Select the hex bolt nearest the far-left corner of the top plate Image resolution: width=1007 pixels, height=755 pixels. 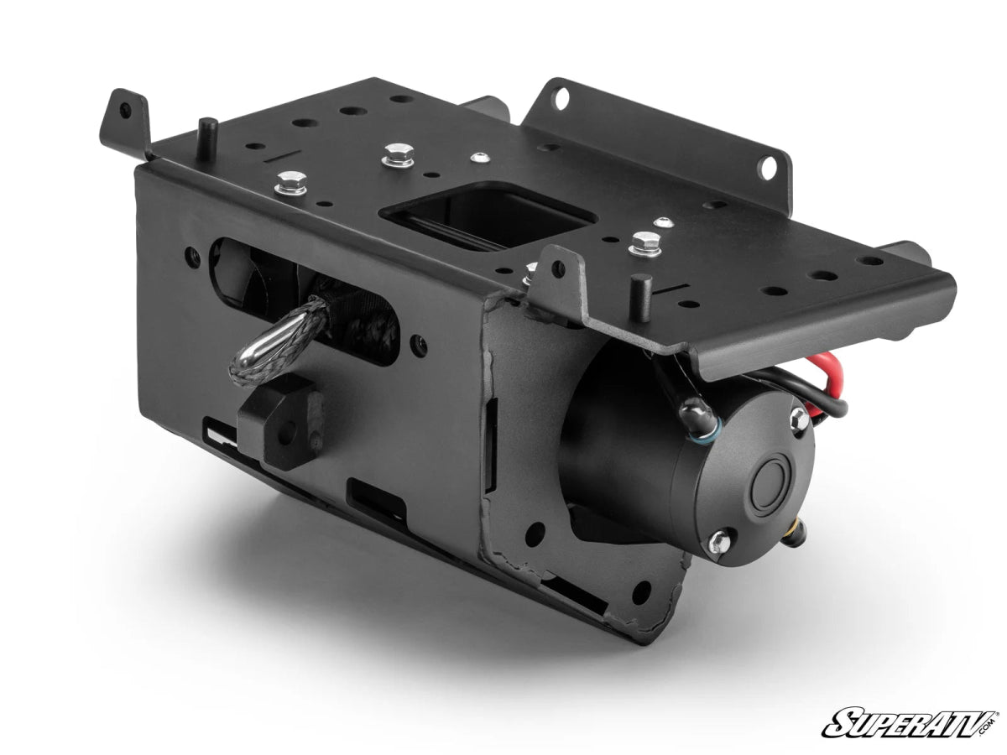290,182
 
